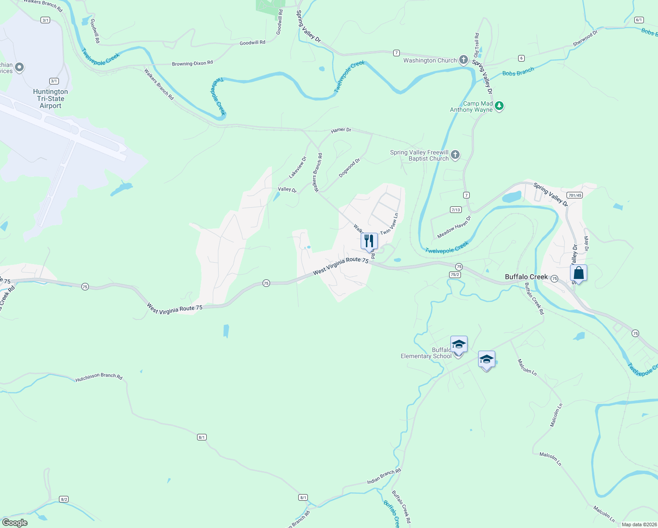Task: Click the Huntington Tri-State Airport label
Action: tap(51, 99)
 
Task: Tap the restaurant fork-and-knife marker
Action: tap(369, 241)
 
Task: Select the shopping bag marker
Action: tap(579, 273)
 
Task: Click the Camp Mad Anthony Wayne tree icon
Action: tap(499, 106)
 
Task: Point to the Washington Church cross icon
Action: tap(463, 60)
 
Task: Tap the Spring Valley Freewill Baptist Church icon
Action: tap(455, 154)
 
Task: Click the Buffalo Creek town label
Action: tap(526, 277)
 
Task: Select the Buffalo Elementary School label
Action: tap(426, 353)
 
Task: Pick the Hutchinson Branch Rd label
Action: tap(99, 377)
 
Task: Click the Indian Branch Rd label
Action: tap(384, 476)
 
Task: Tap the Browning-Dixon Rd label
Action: tap(192, 63)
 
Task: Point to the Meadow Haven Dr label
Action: tap(454, 227)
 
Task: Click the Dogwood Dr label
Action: tap(349, 168)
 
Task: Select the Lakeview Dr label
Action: tap(297, 168)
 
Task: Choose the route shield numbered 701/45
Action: tap(574, 195)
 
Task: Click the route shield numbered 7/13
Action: tap(456, 210)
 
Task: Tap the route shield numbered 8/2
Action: tap(64, 499)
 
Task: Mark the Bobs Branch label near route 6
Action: tap(518, 71)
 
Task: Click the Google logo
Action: tap(15, 523)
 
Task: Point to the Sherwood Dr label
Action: tap(585, 39)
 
